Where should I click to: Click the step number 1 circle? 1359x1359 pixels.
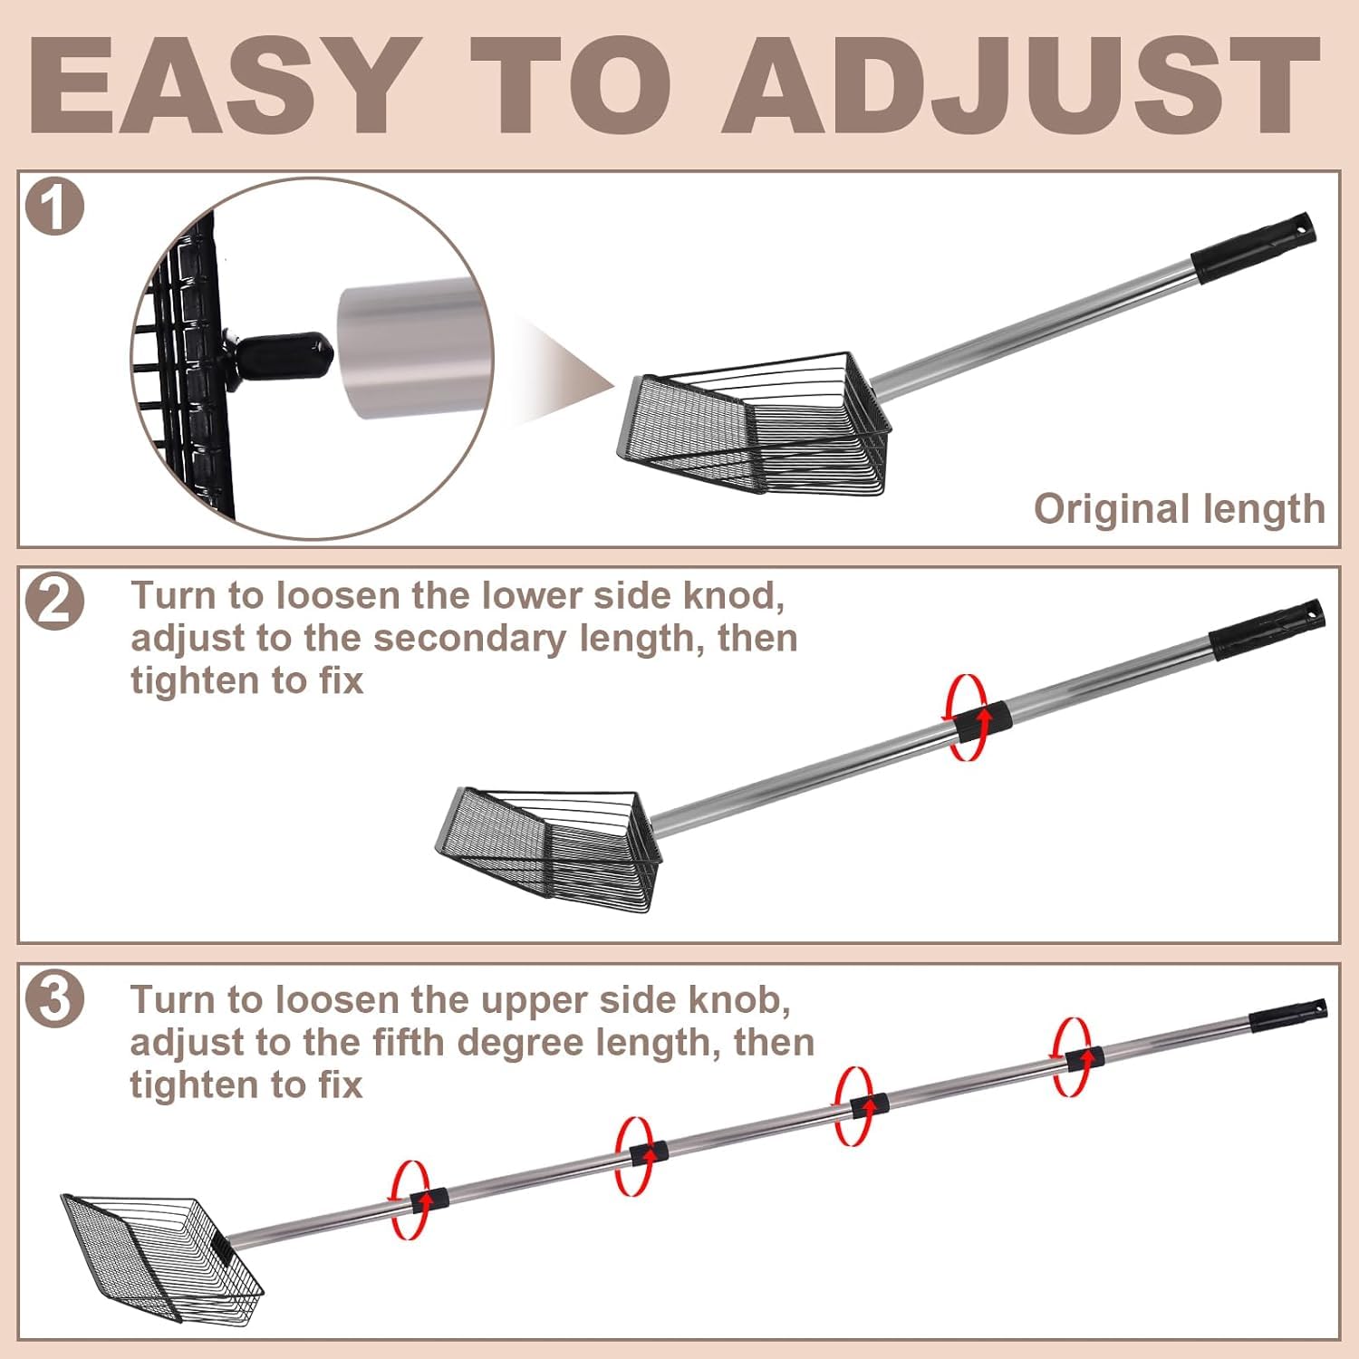pyautogui.click(x=54, y=207)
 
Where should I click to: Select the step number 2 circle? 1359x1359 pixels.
pyautogui.click(x=54, y=602)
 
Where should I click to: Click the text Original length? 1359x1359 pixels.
pyautogui.click(x=1180, y=510)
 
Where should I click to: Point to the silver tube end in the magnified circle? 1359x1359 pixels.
pyautogui.click(x=411, y=349)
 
